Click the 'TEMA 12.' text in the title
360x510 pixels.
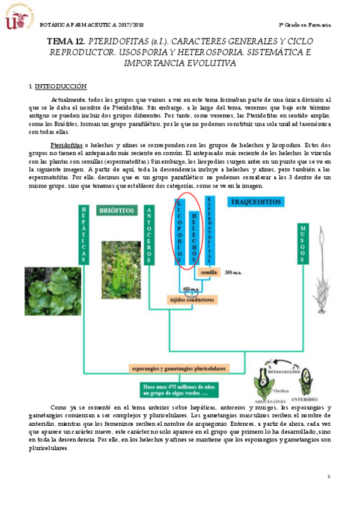point(66,41)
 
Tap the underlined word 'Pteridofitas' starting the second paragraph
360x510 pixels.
point(66,146)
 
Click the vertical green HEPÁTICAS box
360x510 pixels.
point(84,235)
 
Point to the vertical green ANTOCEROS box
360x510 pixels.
point(149,235)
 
